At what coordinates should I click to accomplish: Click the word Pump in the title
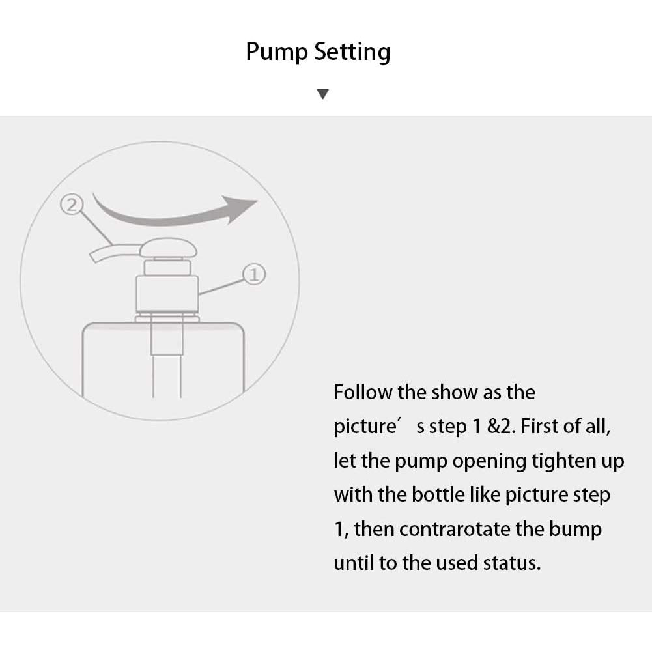tap(277, 52)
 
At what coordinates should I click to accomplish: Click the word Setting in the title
tap(352, 52)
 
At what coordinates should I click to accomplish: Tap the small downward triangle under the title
tap(322, 94)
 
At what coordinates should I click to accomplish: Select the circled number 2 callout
tap(72, 205)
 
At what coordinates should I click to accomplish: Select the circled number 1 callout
tap(253, 274)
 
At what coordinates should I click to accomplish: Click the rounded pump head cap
tap(168, 248)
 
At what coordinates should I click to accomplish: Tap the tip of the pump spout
tap(93, 258)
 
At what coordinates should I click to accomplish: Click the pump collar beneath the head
tap(167, 293)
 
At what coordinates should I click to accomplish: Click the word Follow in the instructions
tap(363, 392)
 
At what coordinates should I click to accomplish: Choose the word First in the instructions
tap(539, 426)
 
